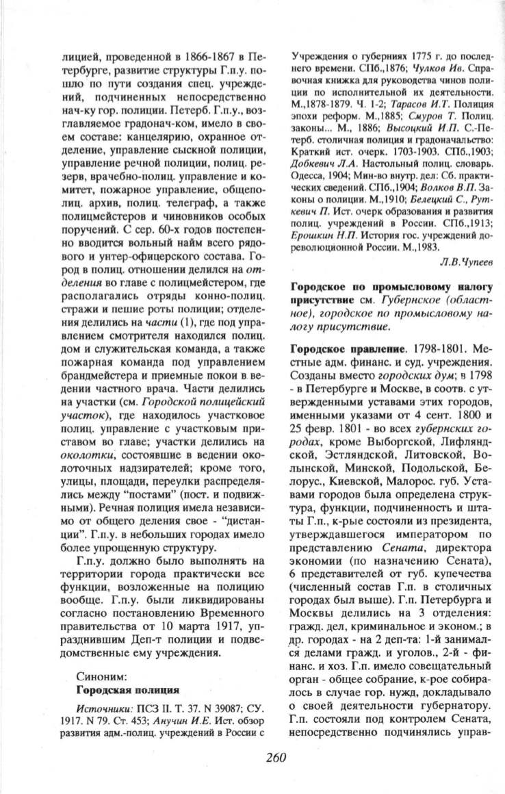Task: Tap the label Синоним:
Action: coord(100,674)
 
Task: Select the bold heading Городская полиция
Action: coord(128,688)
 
